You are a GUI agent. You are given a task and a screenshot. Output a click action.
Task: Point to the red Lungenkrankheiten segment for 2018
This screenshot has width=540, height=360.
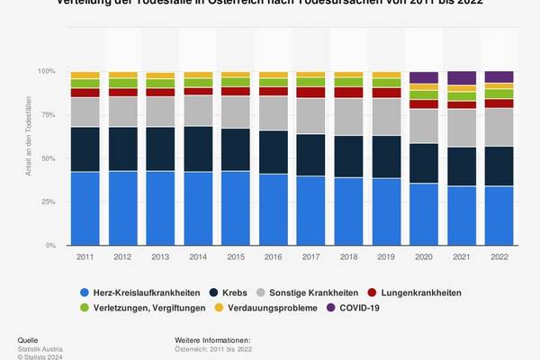pos(348,92)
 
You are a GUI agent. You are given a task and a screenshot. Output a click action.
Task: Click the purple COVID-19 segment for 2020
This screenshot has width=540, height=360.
pos(423,77)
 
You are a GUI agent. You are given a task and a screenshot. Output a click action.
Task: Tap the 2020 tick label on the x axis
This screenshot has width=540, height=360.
pos(423,256)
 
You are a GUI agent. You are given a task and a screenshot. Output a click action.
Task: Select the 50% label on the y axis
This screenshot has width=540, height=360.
pos(58,158)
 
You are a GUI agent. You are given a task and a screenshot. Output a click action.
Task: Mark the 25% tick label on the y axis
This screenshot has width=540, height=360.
pos(58,202)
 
